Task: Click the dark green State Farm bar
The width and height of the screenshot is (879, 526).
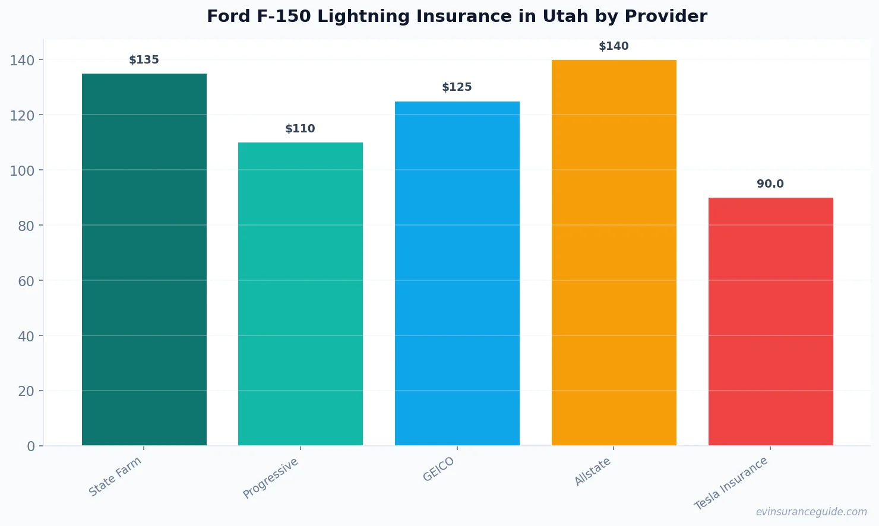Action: coord(144,259)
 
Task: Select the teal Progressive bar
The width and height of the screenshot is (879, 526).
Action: coord(301,294)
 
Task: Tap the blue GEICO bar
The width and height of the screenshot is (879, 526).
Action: coord(457,273)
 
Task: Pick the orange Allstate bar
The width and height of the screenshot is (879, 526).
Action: coord(614,252)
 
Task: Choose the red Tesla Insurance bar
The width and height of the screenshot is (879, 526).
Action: coord(770,321)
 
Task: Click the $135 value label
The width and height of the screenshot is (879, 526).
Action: coord(144,60)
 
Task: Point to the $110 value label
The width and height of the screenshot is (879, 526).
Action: coord(301,129)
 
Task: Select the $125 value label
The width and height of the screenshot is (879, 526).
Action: coord(457,87)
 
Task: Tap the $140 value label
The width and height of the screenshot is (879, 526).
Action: coord(614,46)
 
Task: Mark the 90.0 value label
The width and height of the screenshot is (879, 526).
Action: coord(770,184)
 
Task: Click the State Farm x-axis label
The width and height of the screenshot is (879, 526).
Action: coord(115,476)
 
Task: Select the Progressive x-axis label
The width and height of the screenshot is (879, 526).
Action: coord(271,478)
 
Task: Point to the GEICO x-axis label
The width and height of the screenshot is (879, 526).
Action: coord(439,469)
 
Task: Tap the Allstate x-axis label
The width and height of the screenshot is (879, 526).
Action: coord(593,471)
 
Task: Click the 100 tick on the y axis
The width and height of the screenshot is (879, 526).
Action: coord(22,170)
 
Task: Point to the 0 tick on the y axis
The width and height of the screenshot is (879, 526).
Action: coord(31,446)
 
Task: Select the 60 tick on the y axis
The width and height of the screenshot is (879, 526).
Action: coord(26,281)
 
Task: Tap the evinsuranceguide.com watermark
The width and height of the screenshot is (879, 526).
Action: coord(811,512)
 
